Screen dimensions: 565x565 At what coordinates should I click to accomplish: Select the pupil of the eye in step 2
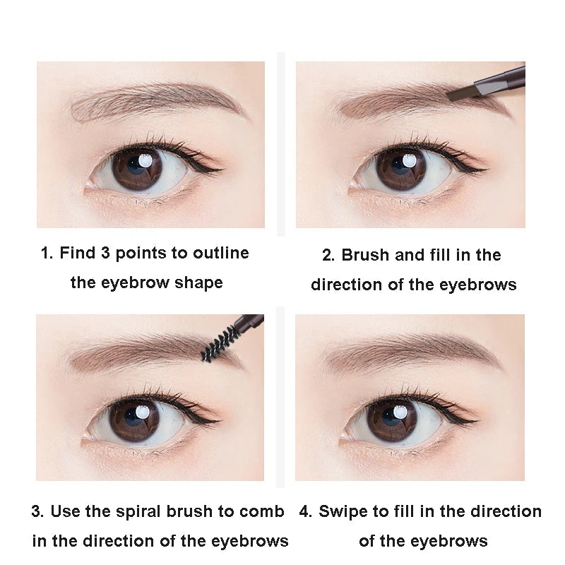(400, 168)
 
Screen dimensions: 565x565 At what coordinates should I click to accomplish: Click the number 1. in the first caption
(47, 253)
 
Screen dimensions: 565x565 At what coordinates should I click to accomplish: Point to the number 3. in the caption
(37, 511)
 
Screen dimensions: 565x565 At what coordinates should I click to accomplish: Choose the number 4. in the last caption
(306, 511)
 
